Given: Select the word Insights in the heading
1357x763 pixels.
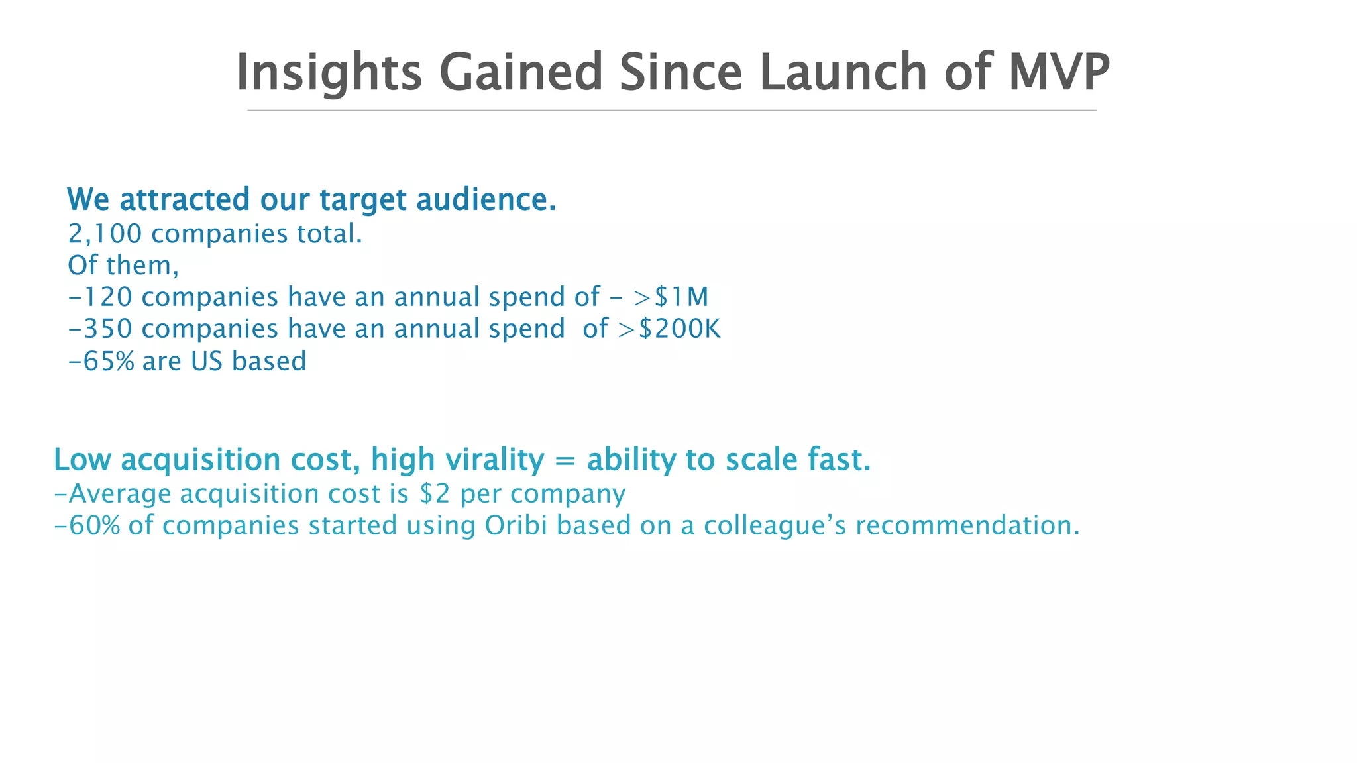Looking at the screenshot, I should point(329,73).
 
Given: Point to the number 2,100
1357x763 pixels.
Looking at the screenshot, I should point(105,234).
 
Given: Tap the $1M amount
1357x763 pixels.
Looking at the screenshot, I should point(681,297).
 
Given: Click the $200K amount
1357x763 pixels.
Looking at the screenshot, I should point(679,329).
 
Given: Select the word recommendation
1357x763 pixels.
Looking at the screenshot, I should point(967,526).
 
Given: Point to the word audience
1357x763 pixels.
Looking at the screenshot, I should point(486,200).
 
